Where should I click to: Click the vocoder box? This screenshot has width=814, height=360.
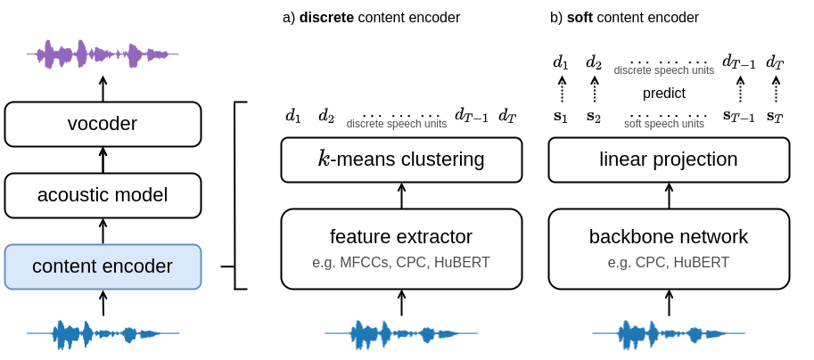pos(103,124)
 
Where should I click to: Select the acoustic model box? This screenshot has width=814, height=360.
pos(103,195)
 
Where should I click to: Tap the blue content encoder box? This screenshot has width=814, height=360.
pos(103,266)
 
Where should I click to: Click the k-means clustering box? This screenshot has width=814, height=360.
pos(401,160)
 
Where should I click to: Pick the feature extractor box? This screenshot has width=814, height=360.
pos(401,249)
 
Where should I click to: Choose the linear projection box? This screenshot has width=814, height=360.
pos(670,160)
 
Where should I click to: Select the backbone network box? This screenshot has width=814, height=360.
pos(670,249)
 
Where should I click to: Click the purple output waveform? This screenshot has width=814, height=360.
pos(103,54)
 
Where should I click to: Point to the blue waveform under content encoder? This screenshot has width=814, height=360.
pos(103,333)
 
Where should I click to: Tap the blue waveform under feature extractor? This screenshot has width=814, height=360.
pos(401,333)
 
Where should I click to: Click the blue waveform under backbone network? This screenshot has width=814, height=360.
pos(670,333)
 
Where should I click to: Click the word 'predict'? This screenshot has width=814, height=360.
pos(664,94)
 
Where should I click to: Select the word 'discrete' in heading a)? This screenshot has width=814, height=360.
pos(327,17)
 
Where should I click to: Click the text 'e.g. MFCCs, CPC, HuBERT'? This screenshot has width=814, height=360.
pos(401,263)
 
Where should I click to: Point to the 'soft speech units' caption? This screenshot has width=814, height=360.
pos(664,124)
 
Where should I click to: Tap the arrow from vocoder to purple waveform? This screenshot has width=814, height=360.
pos(103,88)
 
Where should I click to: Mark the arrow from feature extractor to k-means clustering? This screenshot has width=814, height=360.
pos(401,195)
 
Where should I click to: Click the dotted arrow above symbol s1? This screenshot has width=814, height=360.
pos(561,89)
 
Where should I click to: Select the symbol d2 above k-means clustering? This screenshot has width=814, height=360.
pos(326,117)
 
